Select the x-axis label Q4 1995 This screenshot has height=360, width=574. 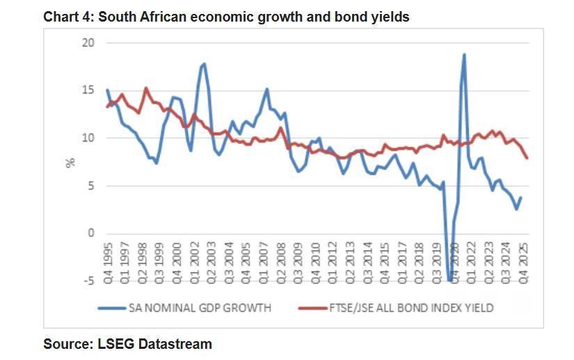(x=108, y=266)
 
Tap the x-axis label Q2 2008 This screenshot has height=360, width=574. (x=281, y=266)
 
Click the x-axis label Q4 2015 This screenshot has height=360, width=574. (x=385, y=266)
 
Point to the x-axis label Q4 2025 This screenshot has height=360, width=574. (x=523, y=266)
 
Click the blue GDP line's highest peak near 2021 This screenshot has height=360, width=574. (x=463, y=54)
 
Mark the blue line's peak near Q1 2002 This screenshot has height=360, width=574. (x=203, y=64)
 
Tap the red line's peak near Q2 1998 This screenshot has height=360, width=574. (x=146, y=88)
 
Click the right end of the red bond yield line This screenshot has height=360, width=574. (x=527, y=158)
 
